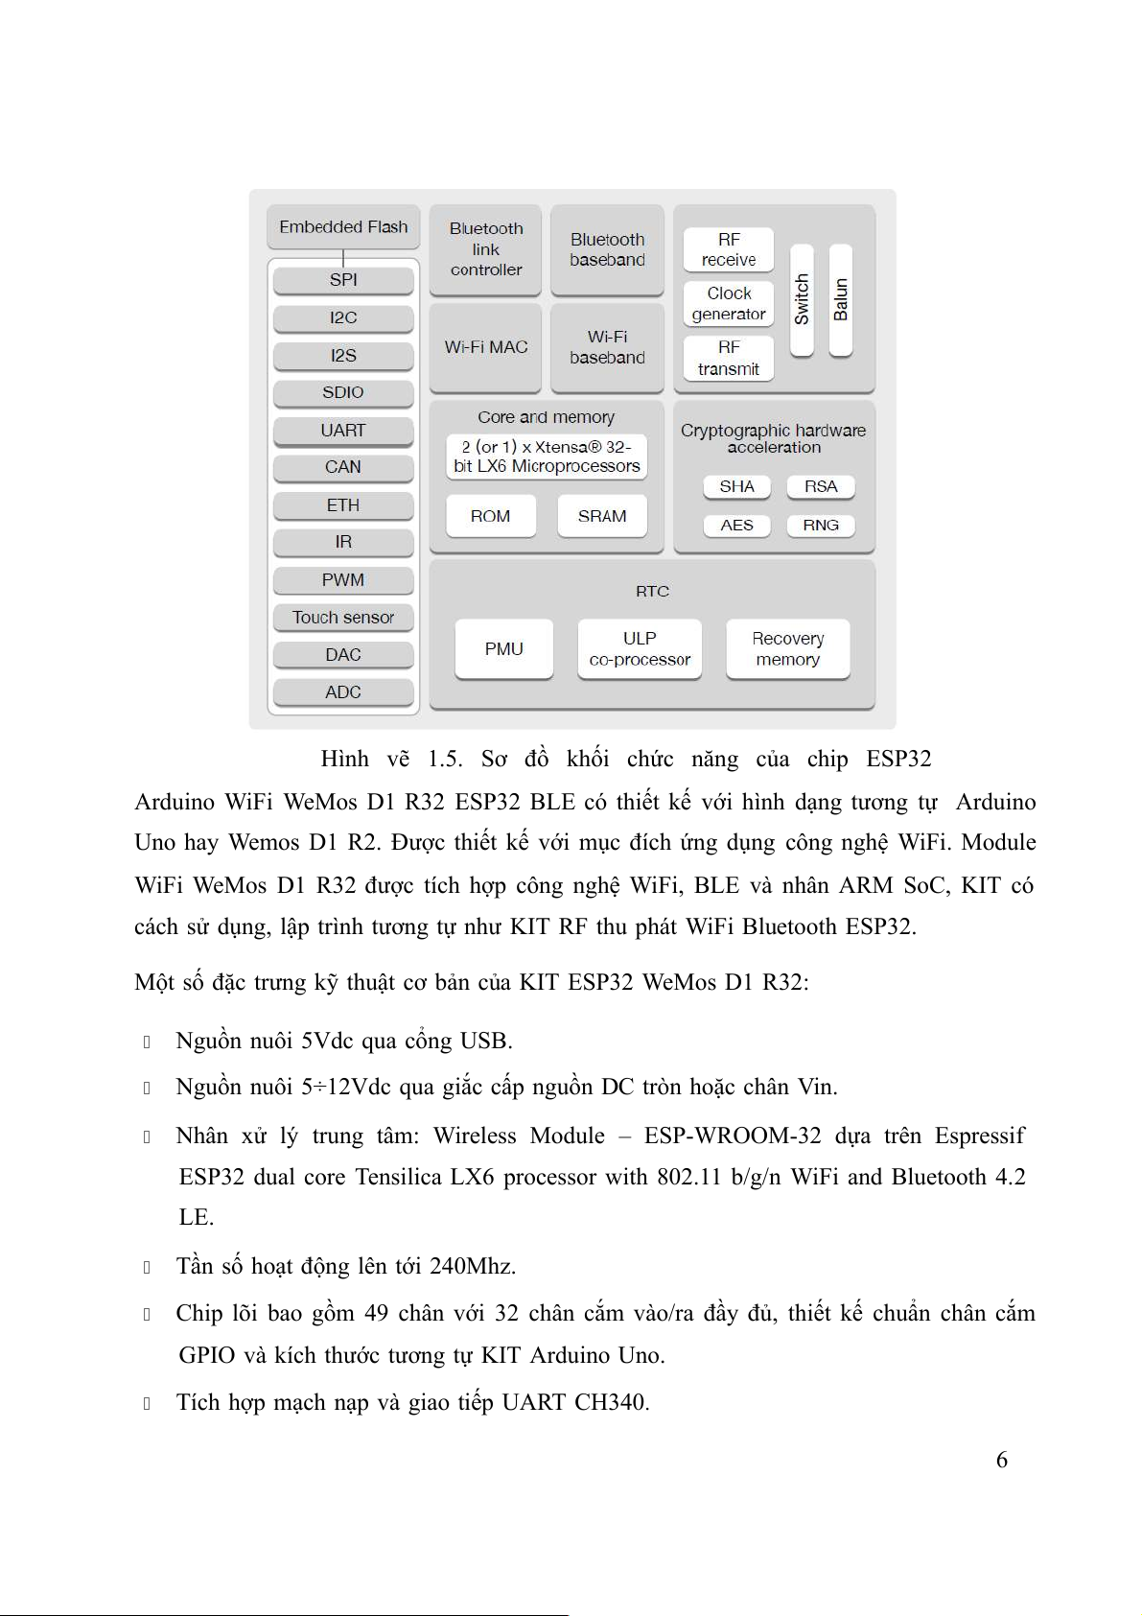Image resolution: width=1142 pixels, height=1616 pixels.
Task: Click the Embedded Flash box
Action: click(343, 227)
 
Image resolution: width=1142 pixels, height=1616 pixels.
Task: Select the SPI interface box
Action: click(343, 280)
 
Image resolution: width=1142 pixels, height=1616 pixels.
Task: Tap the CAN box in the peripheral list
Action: click(343, 467)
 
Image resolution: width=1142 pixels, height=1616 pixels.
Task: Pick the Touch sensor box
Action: click(343, 618)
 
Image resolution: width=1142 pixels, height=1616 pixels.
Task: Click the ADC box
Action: click(343, 692)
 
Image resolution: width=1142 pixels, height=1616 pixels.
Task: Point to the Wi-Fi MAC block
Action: click(486, 347)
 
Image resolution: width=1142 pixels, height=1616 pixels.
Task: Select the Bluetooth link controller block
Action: click(486, 249)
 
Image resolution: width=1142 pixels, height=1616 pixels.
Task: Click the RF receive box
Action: click(729, 249)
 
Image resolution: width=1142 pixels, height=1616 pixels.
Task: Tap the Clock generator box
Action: click(729, 303)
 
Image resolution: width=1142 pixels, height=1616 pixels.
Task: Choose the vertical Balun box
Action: click(841, 299)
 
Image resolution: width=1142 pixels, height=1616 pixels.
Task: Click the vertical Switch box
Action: click(802, 299)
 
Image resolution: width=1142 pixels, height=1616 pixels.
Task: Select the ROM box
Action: click(490, 516)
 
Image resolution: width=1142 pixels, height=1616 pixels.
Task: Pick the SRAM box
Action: click(602, 516)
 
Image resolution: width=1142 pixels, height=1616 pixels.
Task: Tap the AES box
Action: click(736, 526)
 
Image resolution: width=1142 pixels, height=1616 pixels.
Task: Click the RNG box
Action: click(821, 526)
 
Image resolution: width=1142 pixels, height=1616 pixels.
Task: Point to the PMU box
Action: click(503, 649)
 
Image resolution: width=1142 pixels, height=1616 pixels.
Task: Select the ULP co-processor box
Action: click(640, 649)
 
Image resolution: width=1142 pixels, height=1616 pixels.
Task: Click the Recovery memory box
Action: click(787, 649)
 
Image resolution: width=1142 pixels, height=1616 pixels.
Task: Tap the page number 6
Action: click(1002, 1460)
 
